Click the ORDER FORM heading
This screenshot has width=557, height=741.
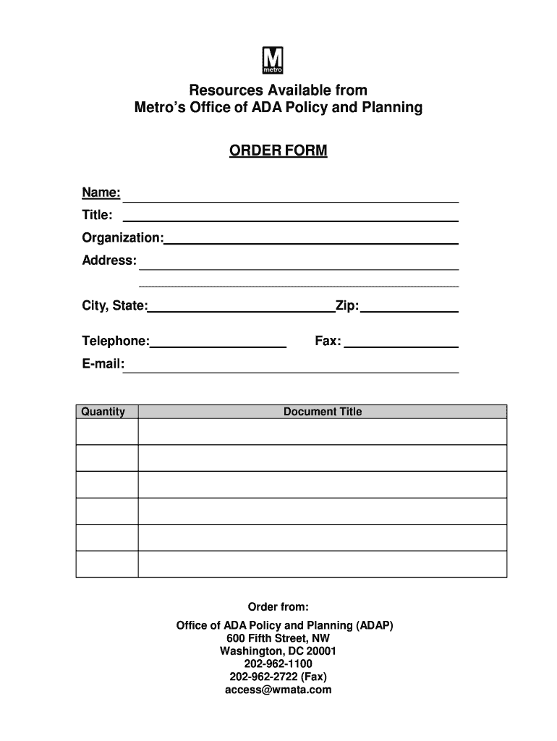pyautogui.click(x=278, y=151)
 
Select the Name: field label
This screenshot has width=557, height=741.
pyautogui.click(x=101, y=193)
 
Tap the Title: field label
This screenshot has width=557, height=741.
pyautogui.click(x=97, y=215)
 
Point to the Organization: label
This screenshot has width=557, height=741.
pyautogui.click(x=122, y=237)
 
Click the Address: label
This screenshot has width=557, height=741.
pyautogui.click(x=109, y=260)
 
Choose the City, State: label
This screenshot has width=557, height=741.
pyautogui.click(x=114, y=306)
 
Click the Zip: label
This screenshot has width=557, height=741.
pyautogui.click(x=346, y=306)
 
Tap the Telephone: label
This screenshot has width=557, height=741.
pyautogui.click(x=116, y=341)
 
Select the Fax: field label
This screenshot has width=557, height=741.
pyautogui.click(x=328, y=341)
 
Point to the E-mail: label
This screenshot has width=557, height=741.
pyautogui.click(x=103, y=364)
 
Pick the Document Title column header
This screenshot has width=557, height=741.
pyautogui.click(x=322, y=412)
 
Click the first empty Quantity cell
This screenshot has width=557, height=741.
pyautogui.click(x=106, y=432)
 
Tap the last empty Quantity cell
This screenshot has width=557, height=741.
pyautogui.click(x=106, y=564)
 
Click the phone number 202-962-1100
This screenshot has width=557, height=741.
pyautogui.click(x=278, y=664)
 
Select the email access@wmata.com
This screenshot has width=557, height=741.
pyautogui.click(x=278, y=690)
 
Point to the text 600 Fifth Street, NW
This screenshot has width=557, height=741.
pyautogui.click(x=278, y=638)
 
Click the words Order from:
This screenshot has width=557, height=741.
pyautogui.click(x=278, y=606)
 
